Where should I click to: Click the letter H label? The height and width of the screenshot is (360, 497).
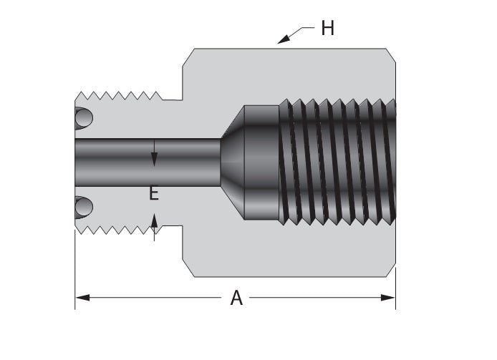(x=327, y=28)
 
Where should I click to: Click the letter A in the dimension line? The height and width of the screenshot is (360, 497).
(x=236, y=298)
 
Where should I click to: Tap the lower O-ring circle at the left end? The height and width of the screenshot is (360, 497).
(x=84, y=208)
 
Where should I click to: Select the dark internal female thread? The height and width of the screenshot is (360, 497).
(x=337, y=162)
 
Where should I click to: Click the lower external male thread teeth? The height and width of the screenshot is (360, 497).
(x=118, y=228)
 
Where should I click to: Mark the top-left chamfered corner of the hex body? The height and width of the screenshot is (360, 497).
(x=190, y=53)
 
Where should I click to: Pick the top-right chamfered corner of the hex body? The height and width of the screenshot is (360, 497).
(x=391, y=53)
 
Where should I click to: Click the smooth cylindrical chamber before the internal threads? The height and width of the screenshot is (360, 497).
(x=261, y=162)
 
